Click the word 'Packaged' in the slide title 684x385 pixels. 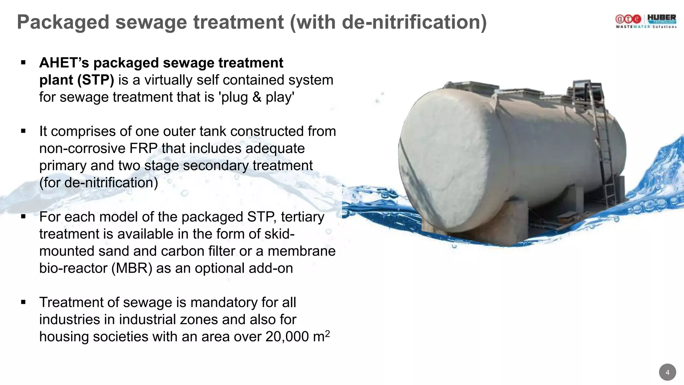[63, 22]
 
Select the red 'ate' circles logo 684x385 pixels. [628, 19]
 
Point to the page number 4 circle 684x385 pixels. [667, 372]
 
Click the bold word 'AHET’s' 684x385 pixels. [64, 63]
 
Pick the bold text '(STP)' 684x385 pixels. [96, 80]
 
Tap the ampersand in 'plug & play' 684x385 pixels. [256, 97]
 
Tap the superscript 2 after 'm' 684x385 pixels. [327, 333]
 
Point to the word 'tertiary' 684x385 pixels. [302, 217]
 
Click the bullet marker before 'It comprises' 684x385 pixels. [23, 131]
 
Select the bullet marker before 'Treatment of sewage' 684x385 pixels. [23, 302]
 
